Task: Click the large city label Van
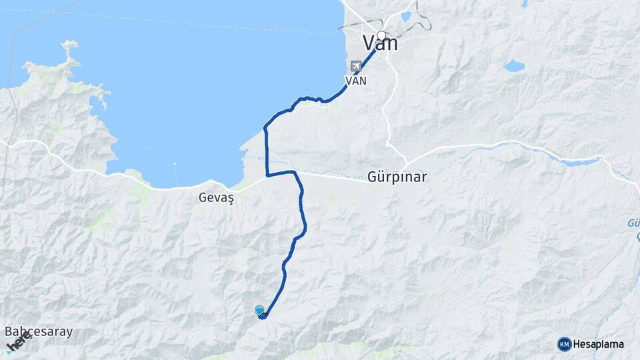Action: (x=380, y=44)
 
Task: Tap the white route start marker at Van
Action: (x=381, y=36)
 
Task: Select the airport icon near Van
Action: (x=356, y=66)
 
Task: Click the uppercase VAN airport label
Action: (x=355, y=80)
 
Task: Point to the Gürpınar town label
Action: (x=397, y=178)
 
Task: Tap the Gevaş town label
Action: (x=214, y=197)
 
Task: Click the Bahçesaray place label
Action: (x=39, y=331)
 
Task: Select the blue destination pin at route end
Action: (x=259, y=310)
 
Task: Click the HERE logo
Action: (x=18, y=341)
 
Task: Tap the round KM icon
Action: (x=564, y=344)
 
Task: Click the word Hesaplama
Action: (x=598, y=344)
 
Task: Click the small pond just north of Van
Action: (x=406, y=16)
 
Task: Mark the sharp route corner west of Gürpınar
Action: (x=267, y=175)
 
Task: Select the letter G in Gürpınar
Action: (x=372, y=178)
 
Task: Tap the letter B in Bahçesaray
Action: (x=9, y=331)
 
